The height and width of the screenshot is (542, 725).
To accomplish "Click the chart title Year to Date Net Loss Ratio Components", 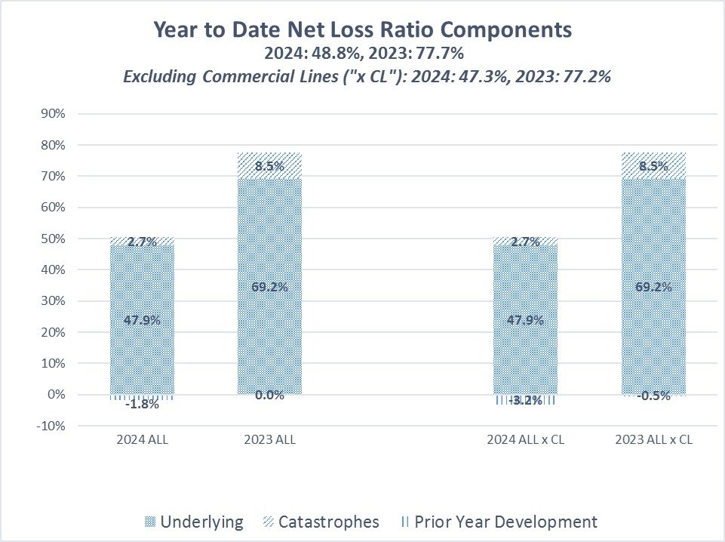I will click(362, 29).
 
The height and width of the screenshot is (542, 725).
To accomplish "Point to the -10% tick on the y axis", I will click(54, 426).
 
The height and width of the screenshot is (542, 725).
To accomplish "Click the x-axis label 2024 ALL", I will click(143, 440).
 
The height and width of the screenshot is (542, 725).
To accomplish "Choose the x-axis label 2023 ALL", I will click(270, 440).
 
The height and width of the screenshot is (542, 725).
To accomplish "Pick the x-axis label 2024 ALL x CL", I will click(526, 440).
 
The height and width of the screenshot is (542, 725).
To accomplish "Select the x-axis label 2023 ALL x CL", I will click(653, 440).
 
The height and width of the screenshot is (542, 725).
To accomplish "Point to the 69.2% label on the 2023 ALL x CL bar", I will click(653, 287).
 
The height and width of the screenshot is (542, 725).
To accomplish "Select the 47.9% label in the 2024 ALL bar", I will click(142, 319).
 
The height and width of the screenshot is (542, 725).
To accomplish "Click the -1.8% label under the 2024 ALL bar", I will click(142, 404).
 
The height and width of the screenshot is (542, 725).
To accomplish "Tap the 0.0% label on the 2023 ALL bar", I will click(269, 395).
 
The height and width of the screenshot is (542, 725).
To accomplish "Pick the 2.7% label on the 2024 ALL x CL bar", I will click(526, 242).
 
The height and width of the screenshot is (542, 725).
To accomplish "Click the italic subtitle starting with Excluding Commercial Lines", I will click(362, 76).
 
